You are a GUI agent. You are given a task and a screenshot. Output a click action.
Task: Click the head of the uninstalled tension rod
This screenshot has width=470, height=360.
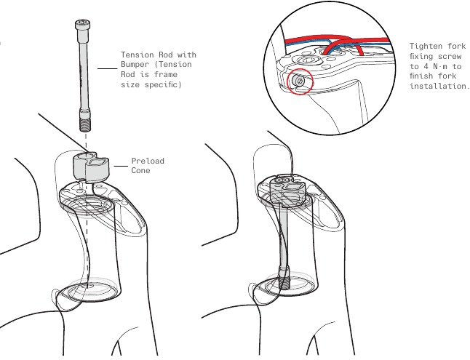[81, 25]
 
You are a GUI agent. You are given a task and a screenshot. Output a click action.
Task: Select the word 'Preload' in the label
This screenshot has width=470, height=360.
[148, 161]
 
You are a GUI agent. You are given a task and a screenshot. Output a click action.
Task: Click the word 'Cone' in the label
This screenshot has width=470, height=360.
[140, 171]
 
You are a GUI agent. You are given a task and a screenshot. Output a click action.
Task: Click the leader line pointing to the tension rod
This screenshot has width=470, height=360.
[107, 70]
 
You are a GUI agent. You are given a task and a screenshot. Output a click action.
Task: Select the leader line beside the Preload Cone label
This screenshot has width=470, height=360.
[119, 166]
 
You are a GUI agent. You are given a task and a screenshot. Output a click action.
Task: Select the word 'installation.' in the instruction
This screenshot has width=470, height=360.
[439, 86]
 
